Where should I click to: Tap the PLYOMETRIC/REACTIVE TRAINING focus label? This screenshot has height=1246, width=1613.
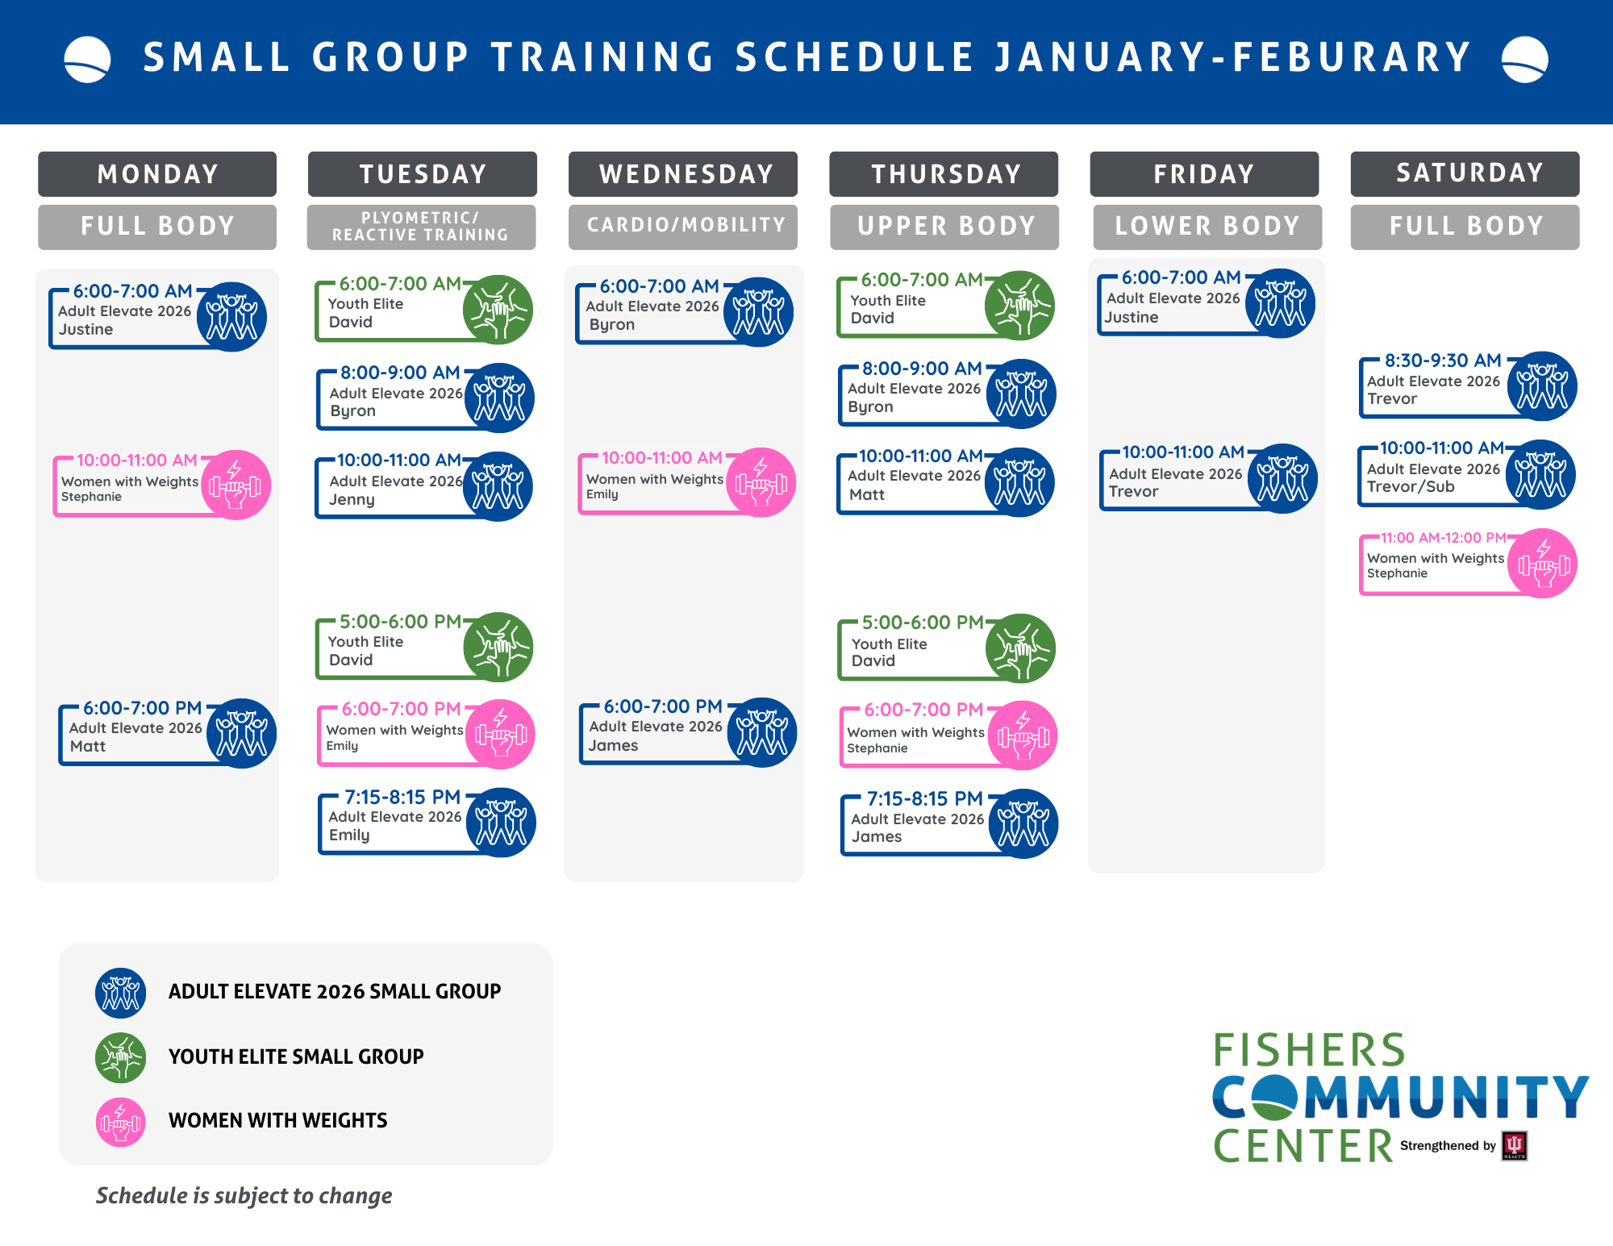point(421,227)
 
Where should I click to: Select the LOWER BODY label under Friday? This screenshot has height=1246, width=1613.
point(1207,227)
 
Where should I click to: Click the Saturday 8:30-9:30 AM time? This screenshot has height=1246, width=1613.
point(1443,360)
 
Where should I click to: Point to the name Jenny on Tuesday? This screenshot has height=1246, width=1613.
point(352,500)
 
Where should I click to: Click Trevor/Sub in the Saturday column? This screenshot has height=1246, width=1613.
point(1411,487)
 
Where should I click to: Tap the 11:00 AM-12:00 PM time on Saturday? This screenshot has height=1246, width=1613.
point(1443,538)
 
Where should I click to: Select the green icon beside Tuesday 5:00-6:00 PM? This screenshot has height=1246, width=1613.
point(498,647)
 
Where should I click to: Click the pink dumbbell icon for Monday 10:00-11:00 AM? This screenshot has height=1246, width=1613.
point(235,485)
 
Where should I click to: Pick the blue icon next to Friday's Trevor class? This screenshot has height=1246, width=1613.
point(1282,478)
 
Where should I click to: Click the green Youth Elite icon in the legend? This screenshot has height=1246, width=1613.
point(121,1057)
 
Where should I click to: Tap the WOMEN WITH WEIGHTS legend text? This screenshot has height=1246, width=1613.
point(277,1121)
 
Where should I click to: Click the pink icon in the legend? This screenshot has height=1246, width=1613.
point(121,1122)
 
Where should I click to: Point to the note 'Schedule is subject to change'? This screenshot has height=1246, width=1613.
point(244,1196)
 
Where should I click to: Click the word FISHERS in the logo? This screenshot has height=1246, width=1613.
point(1309,1051)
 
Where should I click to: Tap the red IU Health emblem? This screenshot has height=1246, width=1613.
point(1514,1146)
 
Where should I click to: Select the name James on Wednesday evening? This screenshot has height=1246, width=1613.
point(613,746)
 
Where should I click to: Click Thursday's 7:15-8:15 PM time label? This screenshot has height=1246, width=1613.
point(925,799)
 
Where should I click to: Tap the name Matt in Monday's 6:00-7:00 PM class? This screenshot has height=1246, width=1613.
point(88,747)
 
